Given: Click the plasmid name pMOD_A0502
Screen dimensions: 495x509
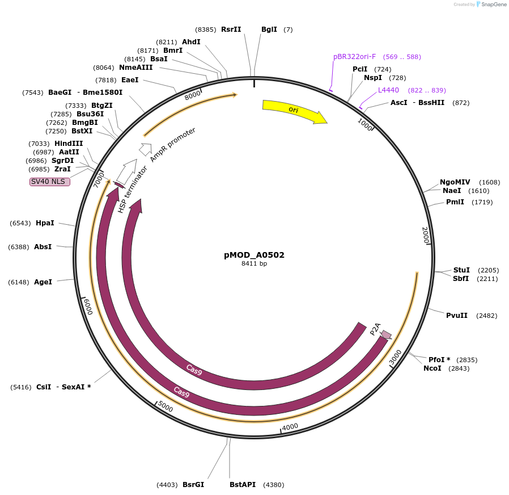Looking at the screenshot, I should (254, 255).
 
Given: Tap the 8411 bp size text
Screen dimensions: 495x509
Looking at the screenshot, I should (254, 264).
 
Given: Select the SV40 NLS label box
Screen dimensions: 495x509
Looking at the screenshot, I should (50, 182).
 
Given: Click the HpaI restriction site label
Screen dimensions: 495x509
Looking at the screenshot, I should (45, 223).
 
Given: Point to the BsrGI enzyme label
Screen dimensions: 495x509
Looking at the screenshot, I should (193, 485).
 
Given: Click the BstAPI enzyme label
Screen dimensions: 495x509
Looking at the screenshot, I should (243, 485).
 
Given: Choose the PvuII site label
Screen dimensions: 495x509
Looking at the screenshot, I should (456, 316).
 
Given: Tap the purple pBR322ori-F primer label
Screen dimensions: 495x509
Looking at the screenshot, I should (354, 57).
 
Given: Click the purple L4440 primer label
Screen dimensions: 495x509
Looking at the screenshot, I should (388, 90).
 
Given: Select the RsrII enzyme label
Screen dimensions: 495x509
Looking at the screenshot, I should (231, 30).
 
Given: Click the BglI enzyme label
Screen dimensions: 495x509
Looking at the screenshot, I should (269, 30).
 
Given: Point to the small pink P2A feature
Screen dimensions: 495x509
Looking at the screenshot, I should (386, 334).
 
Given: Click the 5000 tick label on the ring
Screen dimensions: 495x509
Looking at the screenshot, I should (165, 406).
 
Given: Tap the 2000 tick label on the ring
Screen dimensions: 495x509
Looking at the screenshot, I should (426, 235).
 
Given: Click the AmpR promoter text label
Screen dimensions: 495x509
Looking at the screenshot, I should (173, 145).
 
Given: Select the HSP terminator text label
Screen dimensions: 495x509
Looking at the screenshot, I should (132, 190).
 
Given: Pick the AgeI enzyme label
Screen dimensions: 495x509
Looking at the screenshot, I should (43, 282).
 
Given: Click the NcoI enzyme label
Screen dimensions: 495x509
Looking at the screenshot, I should (432, 368).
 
